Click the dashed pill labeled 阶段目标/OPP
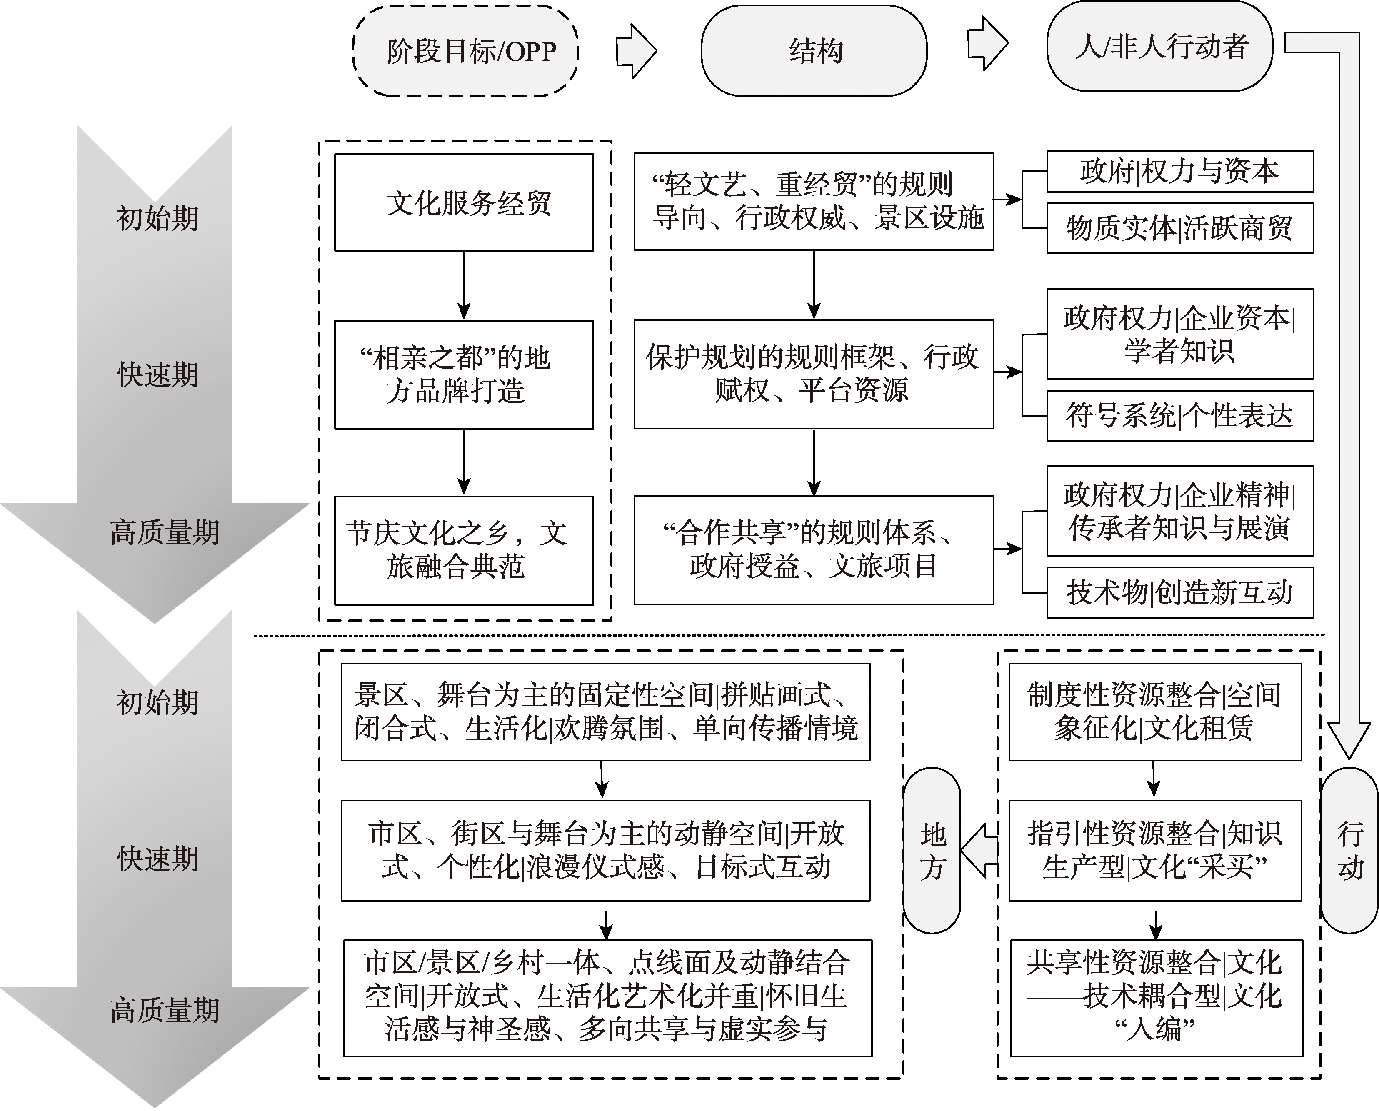(465, 50)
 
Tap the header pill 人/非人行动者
(1159, 46)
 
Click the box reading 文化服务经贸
(463, 202)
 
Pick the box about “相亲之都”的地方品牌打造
(463, 374)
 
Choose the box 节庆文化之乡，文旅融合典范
(463, 550)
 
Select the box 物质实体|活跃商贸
(1179, 228)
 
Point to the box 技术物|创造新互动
(1179, 592)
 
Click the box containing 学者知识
(1179, 333)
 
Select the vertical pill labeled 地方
(932, 851)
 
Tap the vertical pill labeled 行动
(1349, 851)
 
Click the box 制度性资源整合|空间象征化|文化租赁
(1154, 712)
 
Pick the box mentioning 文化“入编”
(1156, 998)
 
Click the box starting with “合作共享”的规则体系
(813, 550)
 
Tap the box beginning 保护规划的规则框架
(813, 374)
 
